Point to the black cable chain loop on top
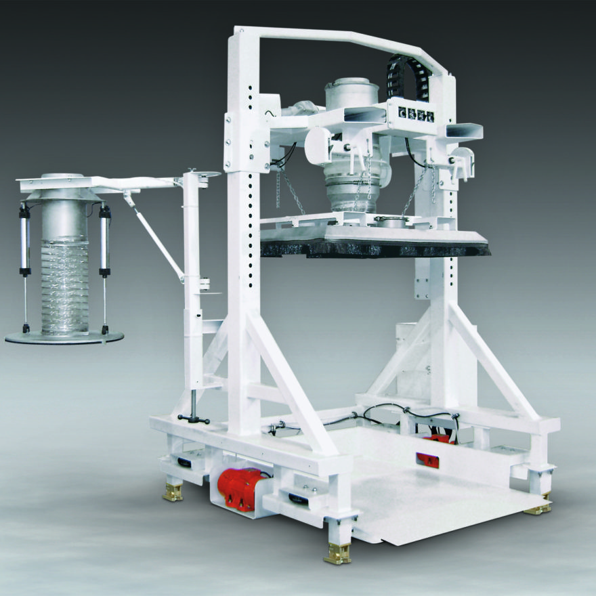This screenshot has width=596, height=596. [404, 74]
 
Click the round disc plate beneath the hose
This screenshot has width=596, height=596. [64, 337]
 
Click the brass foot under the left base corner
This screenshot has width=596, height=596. [173, 492]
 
